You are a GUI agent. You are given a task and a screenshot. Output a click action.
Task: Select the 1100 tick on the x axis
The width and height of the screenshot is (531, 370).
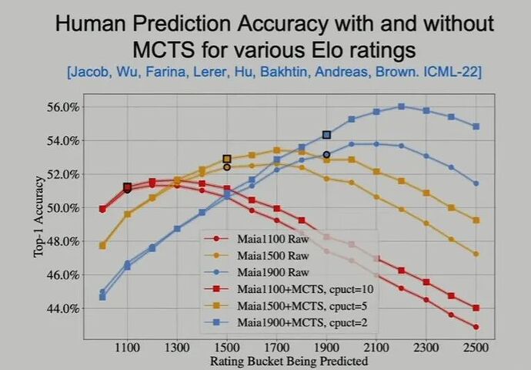pos(127,348)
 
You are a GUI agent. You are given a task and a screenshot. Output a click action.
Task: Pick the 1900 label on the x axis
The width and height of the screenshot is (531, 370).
pos(326,348)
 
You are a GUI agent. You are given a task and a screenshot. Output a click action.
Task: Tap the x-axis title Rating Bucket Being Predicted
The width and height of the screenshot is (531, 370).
pos(289,361)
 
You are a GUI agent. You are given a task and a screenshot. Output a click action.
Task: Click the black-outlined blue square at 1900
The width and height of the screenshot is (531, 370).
pos(326,135)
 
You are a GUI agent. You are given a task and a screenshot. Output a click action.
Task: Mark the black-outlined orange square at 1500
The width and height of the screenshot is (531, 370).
pos(227,160)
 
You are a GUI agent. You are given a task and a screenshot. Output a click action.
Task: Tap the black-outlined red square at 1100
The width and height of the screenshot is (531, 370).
pos(127,187)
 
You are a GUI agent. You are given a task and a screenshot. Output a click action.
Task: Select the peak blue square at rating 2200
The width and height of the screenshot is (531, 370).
pos(401,106)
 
